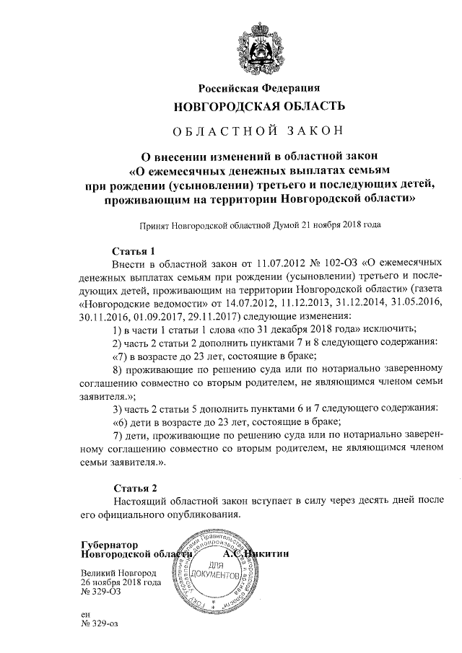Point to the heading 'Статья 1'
134,251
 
